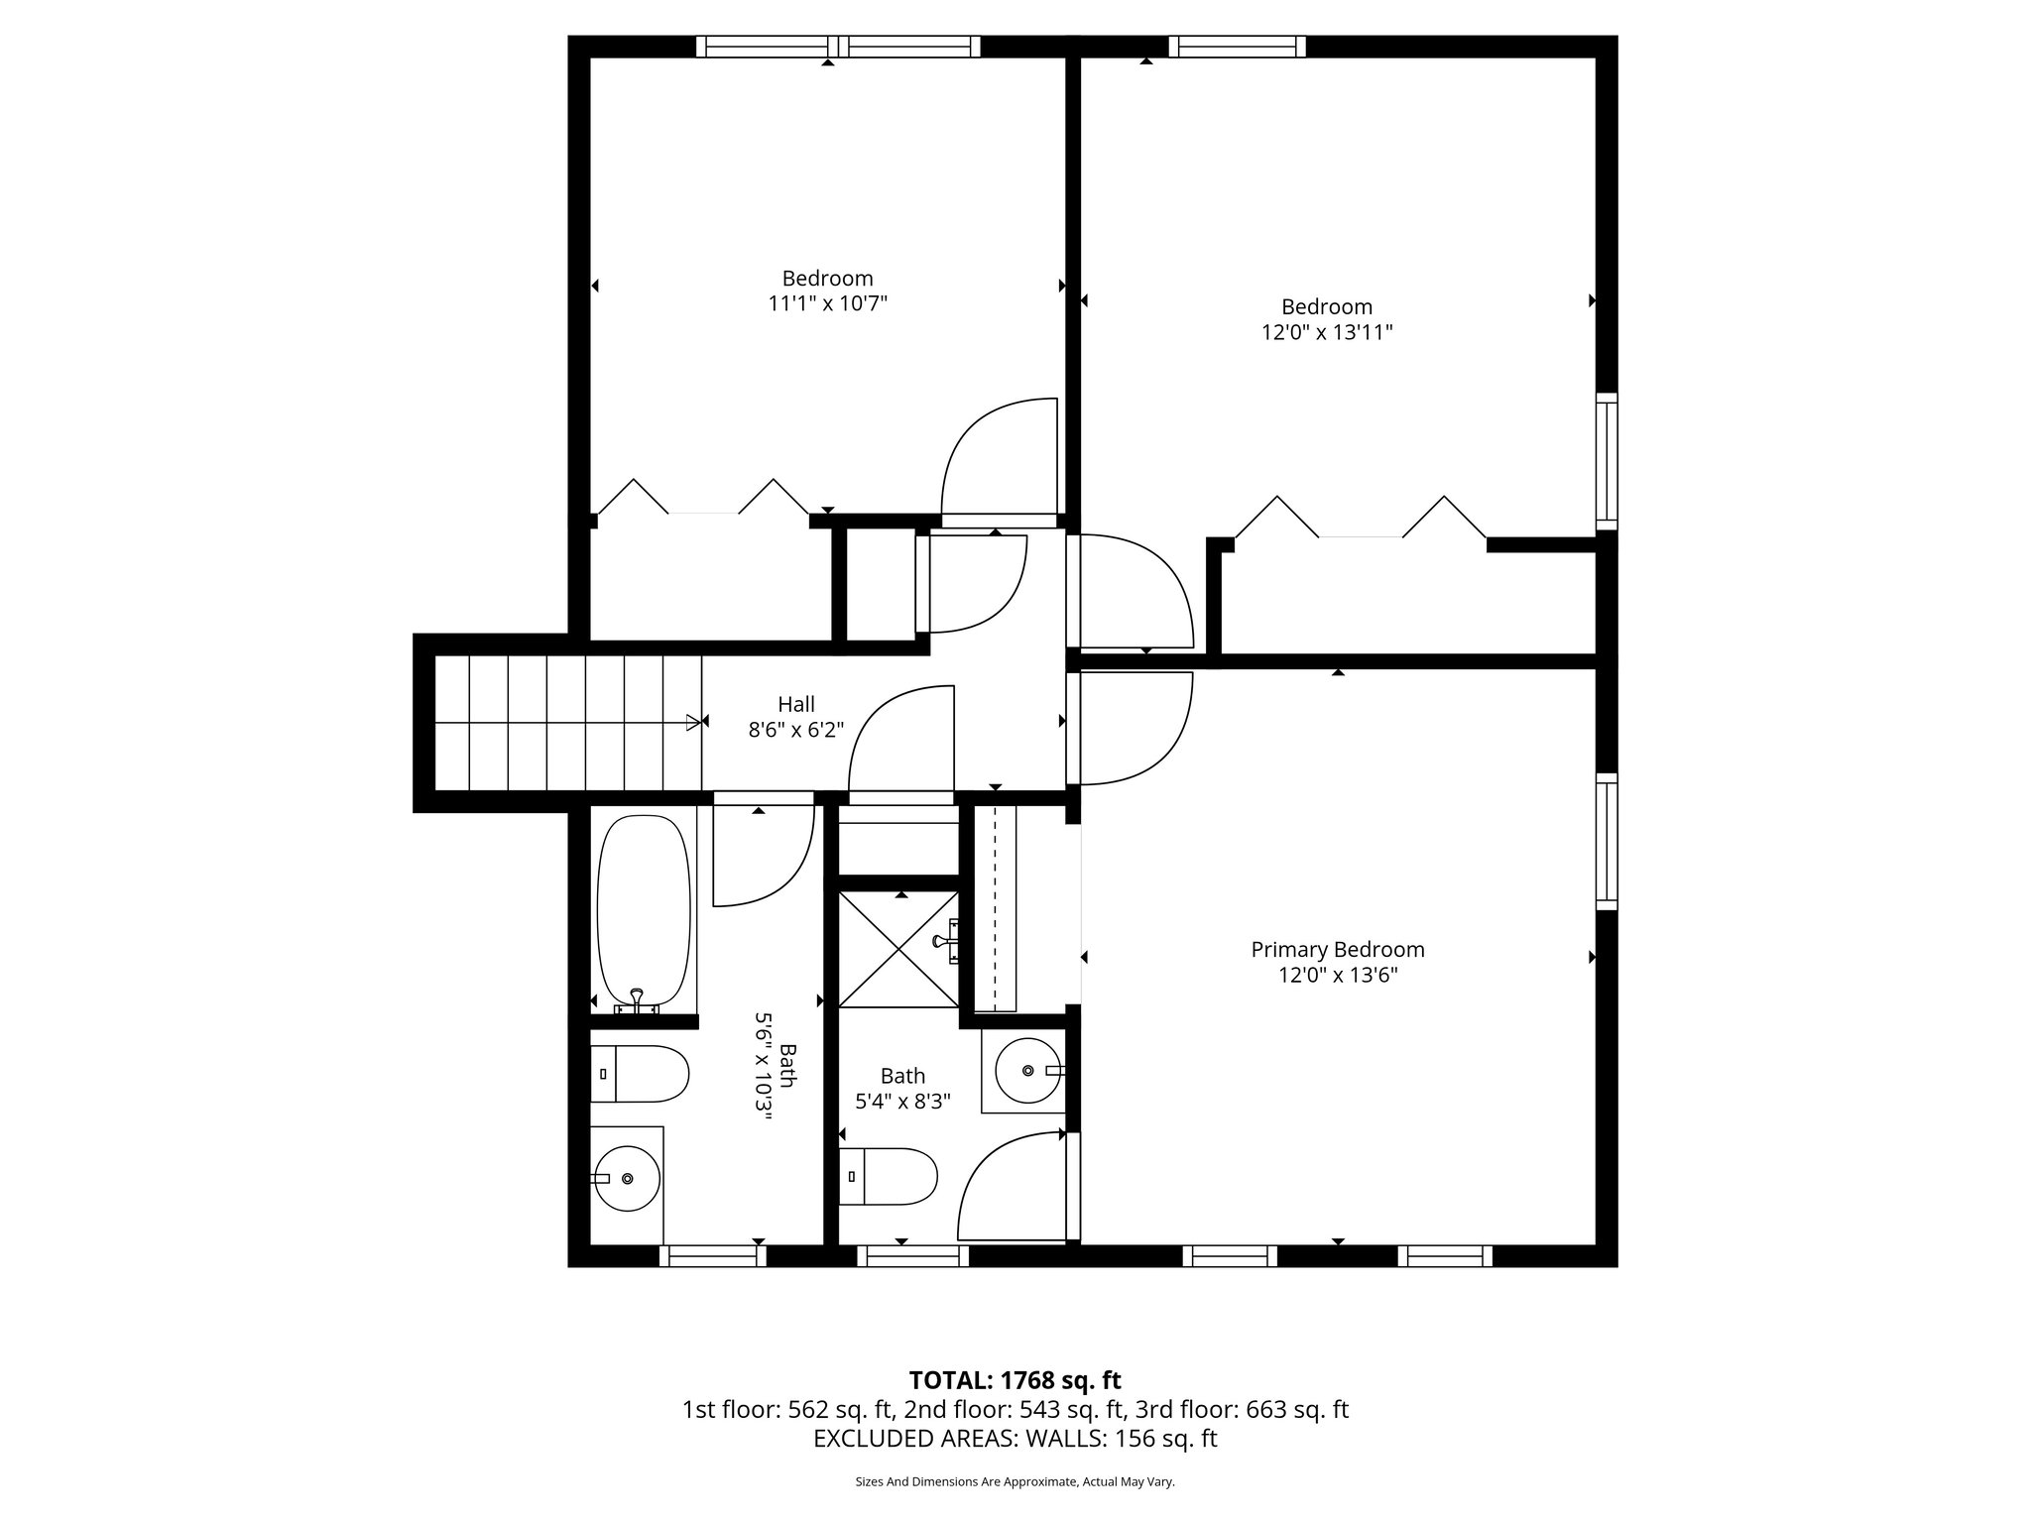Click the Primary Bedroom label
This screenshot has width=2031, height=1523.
1337,949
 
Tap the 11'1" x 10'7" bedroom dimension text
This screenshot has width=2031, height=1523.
827,303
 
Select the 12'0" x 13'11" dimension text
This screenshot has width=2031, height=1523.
1326,332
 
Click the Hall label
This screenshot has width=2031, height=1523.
795,704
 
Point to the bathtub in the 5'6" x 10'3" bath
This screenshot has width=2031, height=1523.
643,910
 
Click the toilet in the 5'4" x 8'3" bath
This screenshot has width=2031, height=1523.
888,1177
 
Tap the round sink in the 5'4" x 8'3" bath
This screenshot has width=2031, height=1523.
1028,1071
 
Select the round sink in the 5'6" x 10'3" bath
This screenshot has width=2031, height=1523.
627,1178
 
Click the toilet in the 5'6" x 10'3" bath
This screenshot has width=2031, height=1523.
640,1074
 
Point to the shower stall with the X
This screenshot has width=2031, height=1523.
898,949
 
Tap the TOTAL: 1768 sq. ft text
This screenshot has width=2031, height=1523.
1015,1380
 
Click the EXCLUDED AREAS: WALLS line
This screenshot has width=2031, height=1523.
1015,1439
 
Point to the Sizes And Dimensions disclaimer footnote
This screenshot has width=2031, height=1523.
1015,1482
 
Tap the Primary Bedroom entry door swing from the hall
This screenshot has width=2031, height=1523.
1131,727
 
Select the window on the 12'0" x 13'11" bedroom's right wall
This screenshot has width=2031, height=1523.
1606,461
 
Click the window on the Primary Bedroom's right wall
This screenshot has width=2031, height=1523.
1606,841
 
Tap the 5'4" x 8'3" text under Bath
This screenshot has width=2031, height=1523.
902,1101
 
